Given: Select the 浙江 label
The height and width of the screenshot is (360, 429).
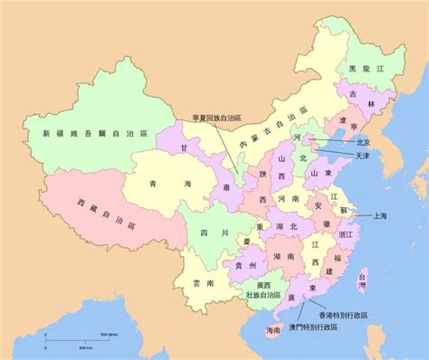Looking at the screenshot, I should pos(347,233).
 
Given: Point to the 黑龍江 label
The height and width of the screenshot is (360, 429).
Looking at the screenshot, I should pos(374,69).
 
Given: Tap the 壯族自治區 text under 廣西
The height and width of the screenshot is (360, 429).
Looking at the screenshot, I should pos(262,295).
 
